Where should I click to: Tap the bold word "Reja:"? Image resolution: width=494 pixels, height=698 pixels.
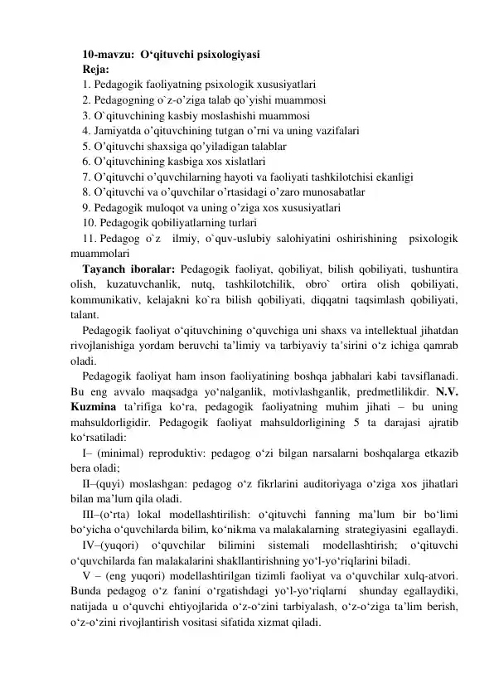pyautogui.click(x=96, y=70)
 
